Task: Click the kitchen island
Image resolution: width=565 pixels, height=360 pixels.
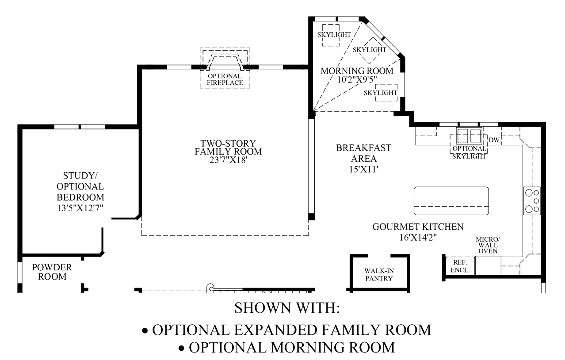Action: tap(451, 201)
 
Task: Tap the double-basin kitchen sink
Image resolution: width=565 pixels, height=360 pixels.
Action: tap(469, 136)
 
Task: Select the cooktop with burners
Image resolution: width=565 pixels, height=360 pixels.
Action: tap(532, 201)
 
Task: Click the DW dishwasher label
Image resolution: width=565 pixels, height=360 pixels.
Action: tap(494, 140)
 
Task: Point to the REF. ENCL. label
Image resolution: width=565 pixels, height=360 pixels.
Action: tap(460, 266)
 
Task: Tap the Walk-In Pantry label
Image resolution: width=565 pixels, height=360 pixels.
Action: tap(379, 275)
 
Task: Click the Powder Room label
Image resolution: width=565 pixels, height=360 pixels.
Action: tap(52, 272)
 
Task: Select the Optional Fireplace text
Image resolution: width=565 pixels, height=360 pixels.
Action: tap(225, 80)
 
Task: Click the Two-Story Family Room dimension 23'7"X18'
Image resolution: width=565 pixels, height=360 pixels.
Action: tap(228, 160)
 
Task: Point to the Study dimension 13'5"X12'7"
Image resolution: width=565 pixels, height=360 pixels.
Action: tap(80, 208)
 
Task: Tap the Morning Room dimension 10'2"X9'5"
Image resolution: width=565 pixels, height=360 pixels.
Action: tap(357, 80)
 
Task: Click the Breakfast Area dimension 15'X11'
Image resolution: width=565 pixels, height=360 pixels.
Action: tap(364, 169)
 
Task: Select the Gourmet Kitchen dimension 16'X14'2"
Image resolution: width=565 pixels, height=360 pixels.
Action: tap(418, 238)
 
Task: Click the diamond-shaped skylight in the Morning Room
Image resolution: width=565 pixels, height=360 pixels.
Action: tap(369, 50)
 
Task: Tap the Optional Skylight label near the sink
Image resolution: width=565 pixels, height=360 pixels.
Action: tap(469, 152)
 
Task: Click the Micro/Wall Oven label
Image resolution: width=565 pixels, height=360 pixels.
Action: tap(488, 245)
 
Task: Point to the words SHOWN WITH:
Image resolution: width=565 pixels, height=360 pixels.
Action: tap(287, 308)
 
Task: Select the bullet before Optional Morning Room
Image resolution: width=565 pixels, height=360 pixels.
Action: tap(181, 349)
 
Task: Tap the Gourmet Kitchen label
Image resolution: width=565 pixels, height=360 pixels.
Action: tap(418, 227)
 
